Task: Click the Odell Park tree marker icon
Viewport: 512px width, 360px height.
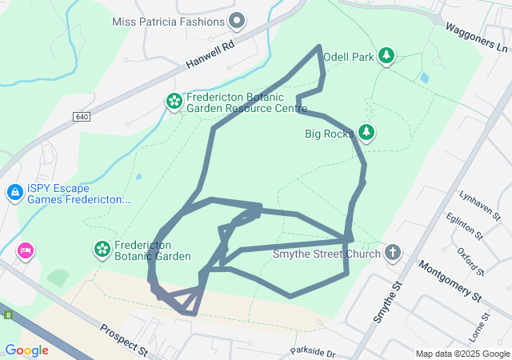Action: pos(387,55)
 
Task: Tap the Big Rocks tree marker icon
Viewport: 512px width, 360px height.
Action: pos(366,132)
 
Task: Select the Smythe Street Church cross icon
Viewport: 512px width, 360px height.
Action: pos(392,253)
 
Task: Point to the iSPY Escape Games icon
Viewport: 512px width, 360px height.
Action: pos(14,193)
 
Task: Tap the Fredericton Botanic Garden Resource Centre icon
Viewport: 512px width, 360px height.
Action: pos(174,101)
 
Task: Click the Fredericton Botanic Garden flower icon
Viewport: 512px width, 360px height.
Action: pos(102,250)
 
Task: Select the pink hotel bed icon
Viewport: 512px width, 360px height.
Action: pos(26,251)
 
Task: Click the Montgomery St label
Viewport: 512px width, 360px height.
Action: pos(449,282)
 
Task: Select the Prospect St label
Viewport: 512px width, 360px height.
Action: pos(125,340)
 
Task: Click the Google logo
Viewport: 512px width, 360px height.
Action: pos(26,350)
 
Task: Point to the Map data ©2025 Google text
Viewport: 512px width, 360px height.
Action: pos(462,354)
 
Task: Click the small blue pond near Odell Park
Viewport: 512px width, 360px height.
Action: pos(423,78)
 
